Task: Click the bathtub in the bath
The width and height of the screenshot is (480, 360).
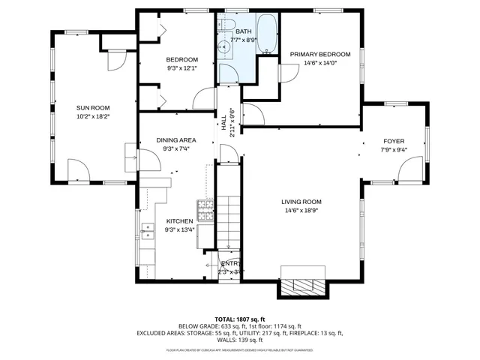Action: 267,34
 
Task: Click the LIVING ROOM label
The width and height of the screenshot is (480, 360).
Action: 301,202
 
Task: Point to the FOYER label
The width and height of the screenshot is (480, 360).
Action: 394,141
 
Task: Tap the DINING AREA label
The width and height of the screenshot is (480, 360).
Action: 176,140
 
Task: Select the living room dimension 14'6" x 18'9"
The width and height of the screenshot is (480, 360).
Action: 301,211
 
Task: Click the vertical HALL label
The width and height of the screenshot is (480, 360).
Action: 223,121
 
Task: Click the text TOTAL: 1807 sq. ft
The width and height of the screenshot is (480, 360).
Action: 239,319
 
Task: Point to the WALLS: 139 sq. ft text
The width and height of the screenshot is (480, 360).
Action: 239,340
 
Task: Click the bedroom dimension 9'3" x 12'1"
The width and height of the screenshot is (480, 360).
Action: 182,68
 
